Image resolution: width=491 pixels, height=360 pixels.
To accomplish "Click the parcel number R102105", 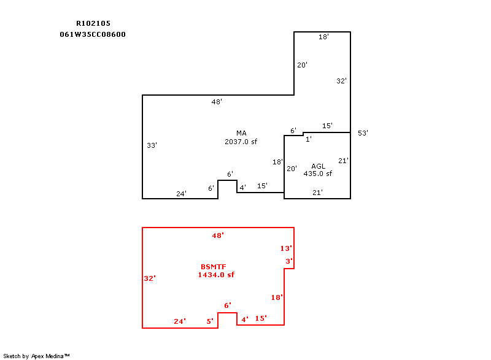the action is coord(93,23).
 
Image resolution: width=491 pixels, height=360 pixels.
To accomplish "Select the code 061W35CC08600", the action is coord(93,34).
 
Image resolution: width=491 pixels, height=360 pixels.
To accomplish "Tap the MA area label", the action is coord(241,133).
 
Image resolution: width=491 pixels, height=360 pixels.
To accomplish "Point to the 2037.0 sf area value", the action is coord(241,142).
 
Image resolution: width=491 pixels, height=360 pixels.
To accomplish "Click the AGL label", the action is coord(318,166).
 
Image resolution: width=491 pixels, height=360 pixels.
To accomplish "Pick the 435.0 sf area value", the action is coord(317,174).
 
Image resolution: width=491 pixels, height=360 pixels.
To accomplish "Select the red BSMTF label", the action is coord(213,267).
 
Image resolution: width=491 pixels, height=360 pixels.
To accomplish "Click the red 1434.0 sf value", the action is coord(216,275).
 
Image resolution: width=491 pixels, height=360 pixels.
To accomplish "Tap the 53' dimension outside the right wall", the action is coord(363,133).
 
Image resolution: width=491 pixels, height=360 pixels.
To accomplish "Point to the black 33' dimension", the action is coord(152,145).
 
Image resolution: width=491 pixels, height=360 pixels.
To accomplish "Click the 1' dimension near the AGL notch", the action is coord(309,139).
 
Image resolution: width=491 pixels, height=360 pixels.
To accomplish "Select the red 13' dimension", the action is coord(286,248).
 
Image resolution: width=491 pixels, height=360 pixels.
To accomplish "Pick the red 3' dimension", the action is coord(289,261).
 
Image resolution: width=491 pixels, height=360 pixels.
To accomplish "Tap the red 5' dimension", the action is coord(210,321).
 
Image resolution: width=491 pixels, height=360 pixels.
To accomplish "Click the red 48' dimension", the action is coord(218,236).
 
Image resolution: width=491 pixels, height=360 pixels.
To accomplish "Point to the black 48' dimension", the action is coord(217,102).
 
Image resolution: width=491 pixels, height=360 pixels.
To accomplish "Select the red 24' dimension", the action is coord(180,321).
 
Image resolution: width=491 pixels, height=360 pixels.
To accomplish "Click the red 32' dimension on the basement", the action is coord(150,278).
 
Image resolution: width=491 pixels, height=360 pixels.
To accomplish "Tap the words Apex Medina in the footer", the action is coord(47,356).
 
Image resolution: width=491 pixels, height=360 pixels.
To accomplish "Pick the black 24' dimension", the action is coord(181,194).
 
